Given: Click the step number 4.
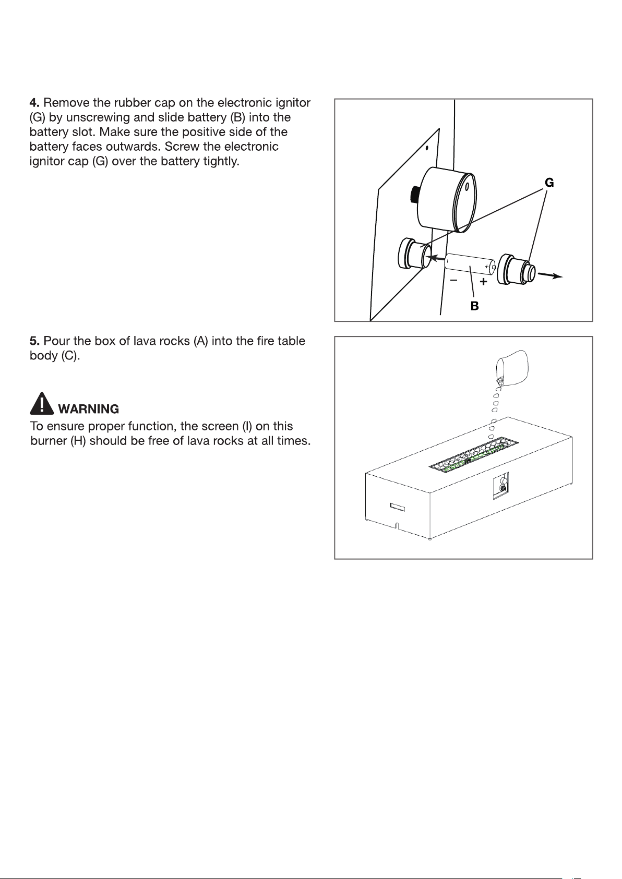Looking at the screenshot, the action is (34, 103).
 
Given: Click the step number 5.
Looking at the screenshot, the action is (34, 341).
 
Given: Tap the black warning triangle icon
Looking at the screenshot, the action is (42, 403).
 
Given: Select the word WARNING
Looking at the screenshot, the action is (89, 409).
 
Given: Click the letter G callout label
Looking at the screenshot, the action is (549, 183).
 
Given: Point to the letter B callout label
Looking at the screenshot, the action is (474, 306).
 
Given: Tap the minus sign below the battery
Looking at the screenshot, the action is (453, 280).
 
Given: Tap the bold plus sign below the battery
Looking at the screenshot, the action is (484, 281).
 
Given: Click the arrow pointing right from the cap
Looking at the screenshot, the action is (550, 275).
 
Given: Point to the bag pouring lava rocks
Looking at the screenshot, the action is (512, 367).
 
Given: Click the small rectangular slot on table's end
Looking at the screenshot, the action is (397, 507).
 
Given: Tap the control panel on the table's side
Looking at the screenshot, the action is (501, 486).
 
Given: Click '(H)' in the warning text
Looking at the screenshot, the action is (78, 441).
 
